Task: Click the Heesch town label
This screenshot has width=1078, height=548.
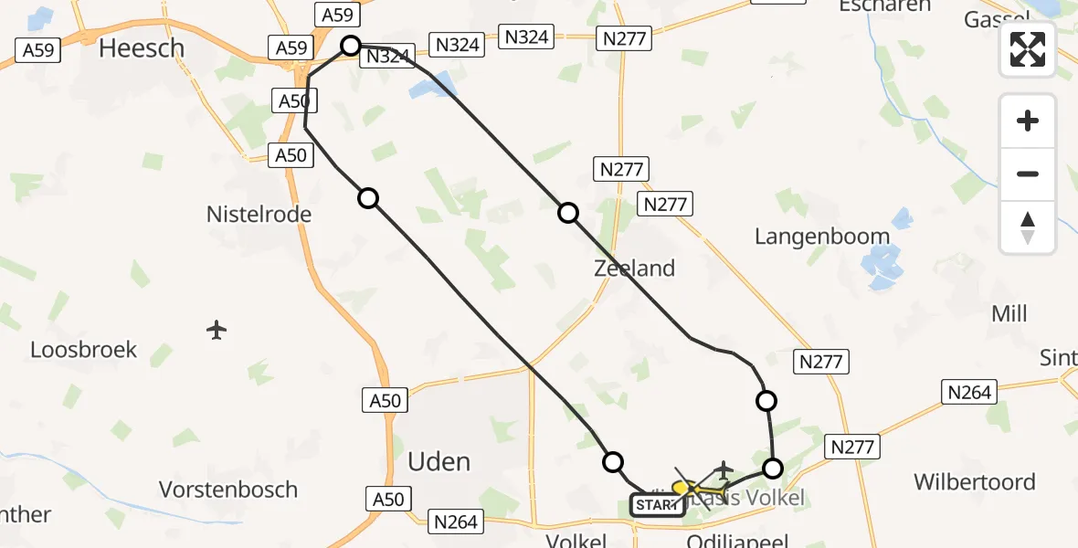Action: coord(141,47)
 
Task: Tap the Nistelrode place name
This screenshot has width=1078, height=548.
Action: coord(259,215)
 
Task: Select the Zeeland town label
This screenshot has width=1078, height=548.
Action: coord(634,269)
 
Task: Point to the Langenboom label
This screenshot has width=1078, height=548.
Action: coord(822,237)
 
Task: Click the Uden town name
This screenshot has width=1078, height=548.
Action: coord(439,461)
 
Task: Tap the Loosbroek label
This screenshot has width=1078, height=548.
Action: coord(83,350)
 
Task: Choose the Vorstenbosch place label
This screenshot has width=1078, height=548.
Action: coord(228,490)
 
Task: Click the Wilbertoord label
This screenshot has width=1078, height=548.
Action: coord(975,481)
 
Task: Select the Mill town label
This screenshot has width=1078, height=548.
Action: coord(1009,314)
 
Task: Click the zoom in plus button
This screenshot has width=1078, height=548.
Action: coord(1028,121)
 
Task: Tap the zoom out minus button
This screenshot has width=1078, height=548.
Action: coord(1028,174)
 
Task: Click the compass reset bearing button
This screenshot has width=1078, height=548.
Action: coord(1028,227)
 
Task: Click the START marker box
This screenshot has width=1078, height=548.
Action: coord(657,505)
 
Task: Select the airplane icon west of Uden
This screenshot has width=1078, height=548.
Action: coord(217,329)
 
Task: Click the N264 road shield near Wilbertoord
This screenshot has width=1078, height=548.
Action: coord(968,393)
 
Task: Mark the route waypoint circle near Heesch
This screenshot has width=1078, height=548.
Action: coord(351,45)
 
